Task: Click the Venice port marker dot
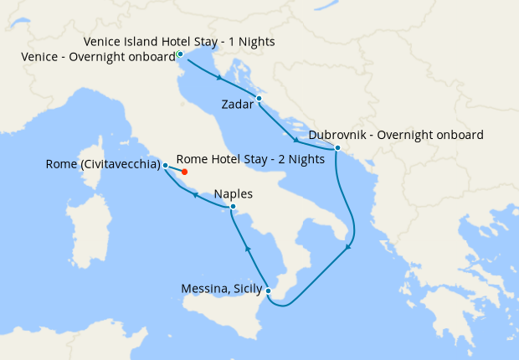coord(180,54)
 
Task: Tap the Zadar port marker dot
coord(259,99)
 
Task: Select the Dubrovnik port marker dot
coord(337,148)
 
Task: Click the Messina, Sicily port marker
coord(268,291)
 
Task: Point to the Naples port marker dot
coord(233,207)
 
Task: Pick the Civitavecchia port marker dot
coord(166,165)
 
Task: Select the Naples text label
coord(234,193)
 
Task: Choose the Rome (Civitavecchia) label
coord(103,165)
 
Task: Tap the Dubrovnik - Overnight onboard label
coord(396,134)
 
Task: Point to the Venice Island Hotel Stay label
coord(180,41)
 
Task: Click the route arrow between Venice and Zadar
coord(219,79)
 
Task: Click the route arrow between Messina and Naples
coord(248,248)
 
